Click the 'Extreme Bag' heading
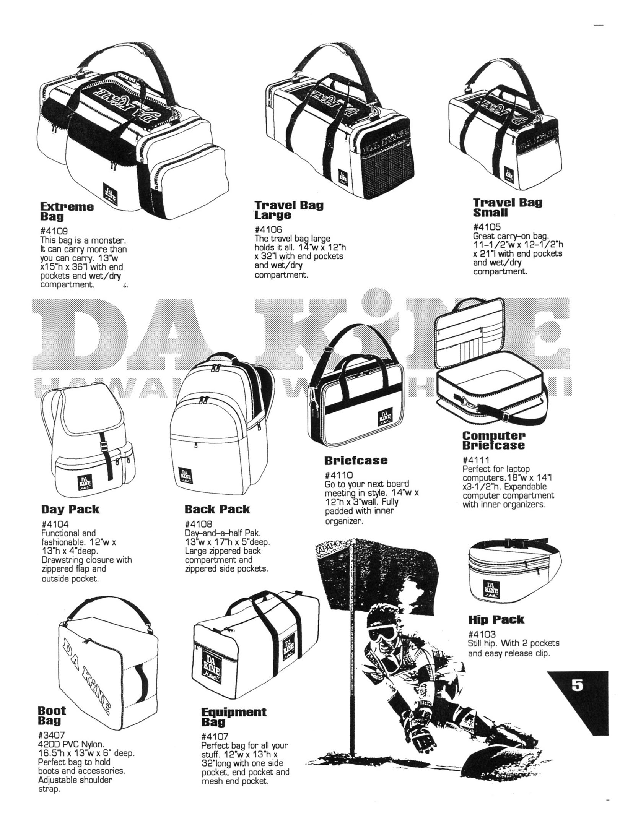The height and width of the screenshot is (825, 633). [67, 211]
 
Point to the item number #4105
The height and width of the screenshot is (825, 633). [487, 227]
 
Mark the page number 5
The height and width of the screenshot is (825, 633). [577, 685]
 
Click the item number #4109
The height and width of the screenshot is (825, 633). [54, 232]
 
